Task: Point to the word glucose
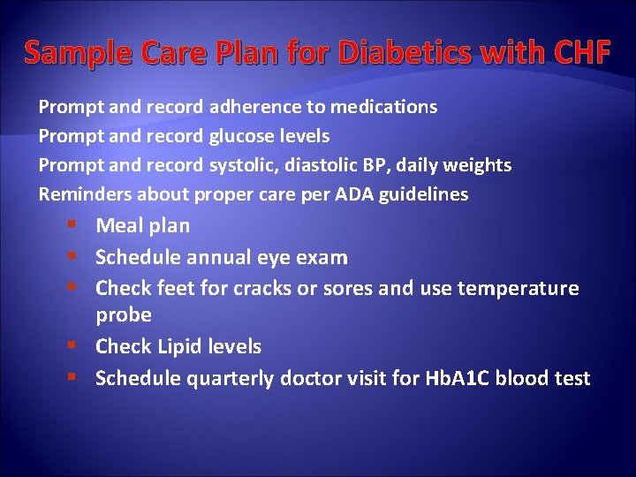(x=241, y=136)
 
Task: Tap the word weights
(x=478, y=165)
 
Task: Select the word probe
(x=123, y=315)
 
